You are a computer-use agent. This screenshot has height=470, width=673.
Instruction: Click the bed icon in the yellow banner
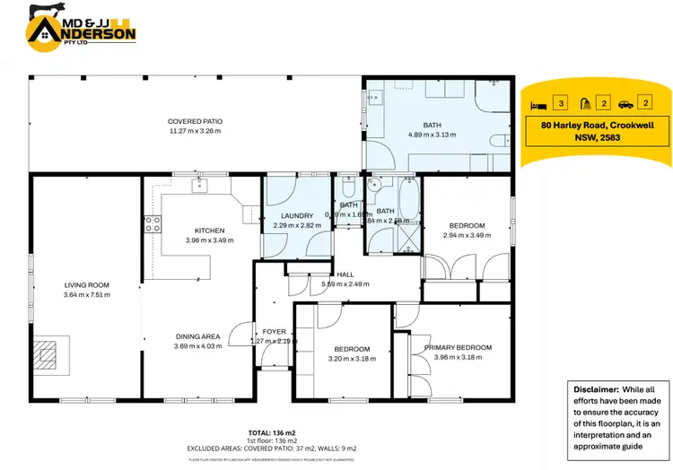[537, 103]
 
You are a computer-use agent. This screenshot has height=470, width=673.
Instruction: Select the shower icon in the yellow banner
[583, 103]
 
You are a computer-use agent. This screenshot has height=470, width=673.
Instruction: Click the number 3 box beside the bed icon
[561, 103]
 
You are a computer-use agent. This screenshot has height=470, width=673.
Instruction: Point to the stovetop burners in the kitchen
[153, 225]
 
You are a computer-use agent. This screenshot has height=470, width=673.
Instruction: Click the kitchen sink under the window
[199, 187]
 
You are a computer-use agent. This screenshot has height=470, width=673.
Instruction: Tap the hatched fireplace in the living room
[49, 354]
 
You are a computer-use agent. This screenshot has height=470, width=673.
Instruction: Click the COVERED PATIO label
[195, 121]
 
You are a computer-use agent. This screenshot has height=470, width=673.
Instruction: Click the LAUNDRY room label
[296, 215]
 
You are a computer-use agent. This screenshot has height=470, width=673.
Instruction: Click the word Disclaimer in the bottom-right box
[594, 390]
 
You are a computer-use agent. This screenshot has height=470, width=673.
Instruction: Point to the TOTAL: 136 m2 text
[269, 431]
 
